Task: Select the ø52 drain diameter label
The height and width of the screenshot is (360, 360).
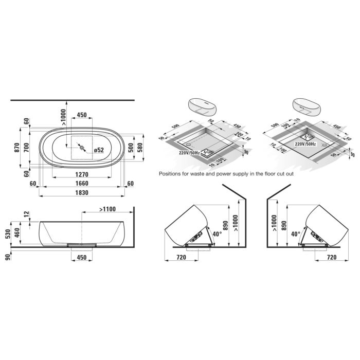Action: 98,150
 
